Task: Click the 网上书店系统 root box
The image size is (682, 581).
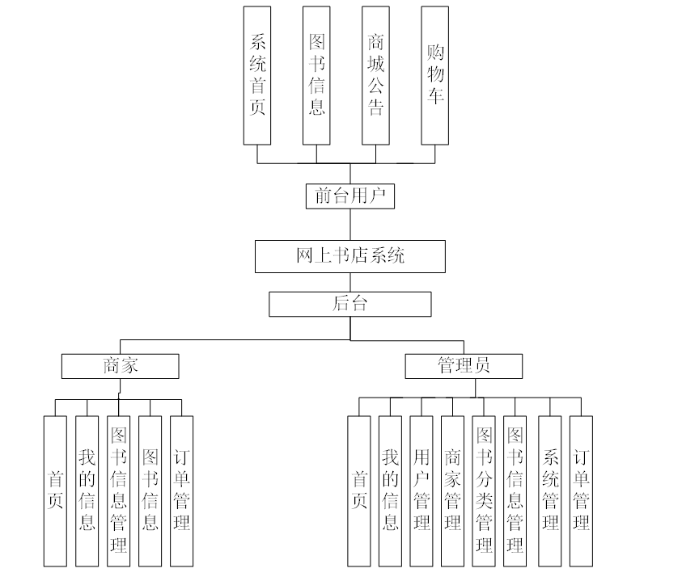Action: click(349, 257)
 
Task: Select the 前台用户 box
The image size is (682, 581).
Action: click(349, 196)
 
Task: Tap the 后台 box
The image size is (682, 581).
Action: click(349, 304)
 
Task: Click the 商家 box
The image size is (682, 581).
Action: click(120, 366)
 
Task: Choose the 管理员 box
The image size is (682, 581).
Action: click(464, 366)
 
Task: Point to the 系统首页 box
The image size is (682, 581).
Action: click(257, 75)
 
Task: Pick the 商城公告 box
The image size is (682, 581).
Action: click(375, 75)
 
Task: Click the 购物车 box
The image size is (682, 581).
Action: click(434, 75)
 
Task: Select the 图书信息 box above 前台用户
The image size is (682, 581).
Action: click(316, 75)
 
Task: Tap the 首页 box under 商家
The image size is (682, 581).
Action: click(55, 490)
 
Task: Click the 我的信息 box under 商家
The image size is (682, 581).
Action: click(87, 490)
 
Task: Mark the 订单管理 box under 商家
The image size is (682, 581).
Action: click(182, 490)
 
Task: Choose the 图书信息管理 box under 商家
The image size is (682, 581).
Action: click(118, 490)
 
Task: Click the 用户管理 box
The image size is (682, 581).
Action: click(421, 490)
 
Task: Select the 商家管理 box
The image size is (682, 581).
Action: click(453, 490)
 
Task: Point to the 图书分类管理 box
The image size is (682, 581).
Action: click(485, 490)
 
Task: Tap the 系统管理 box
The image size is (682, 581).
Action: click(550, 490)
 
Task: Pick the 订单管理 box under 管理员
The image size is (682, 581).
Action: click(581, 490)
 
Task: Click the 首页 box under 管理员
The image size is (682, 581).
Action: click(359, 490)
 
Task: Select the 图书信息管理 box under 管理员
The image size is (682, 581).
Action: click(515, 490)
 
